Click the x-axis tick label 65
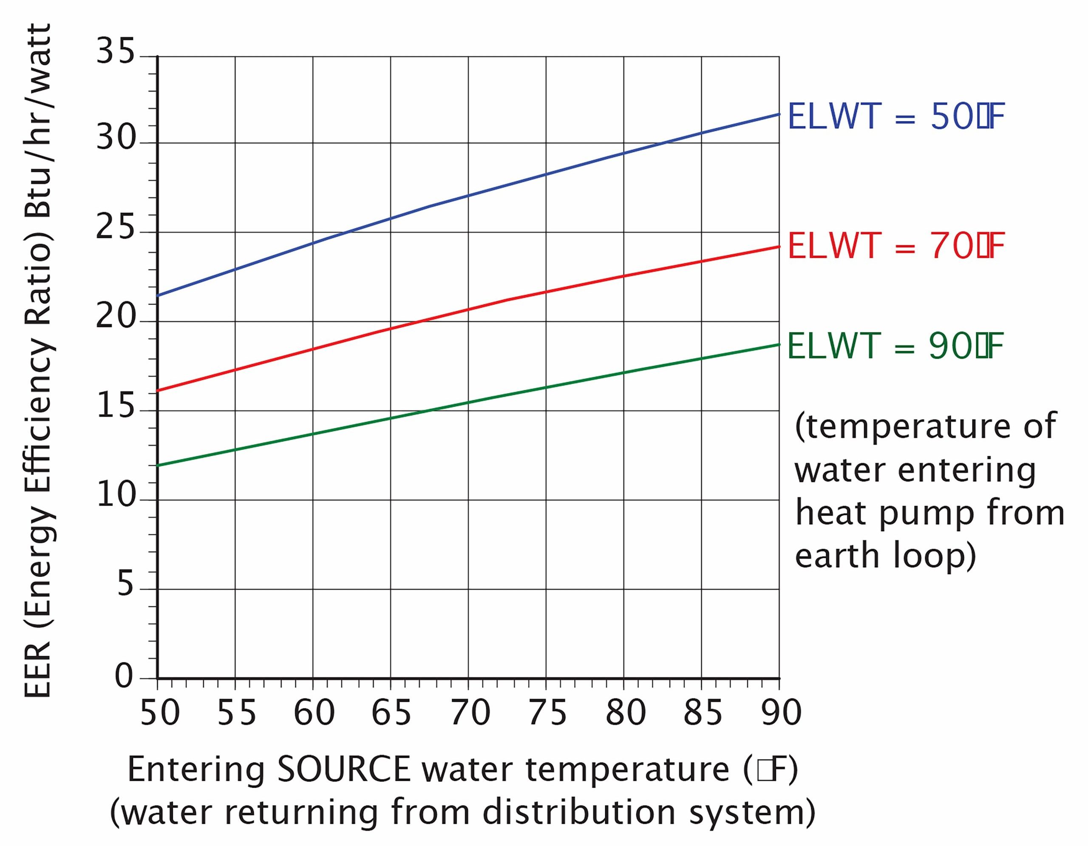click(391, 713)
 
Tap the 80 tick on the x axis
click(626, 713)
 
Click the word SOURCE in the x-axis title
click(344, 769)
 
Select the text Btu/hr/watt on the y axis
click(38, 119)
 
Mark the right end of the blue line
click(779, 114)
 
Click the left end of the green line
click(157, 466)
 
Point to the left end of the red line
click(157, 391)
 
